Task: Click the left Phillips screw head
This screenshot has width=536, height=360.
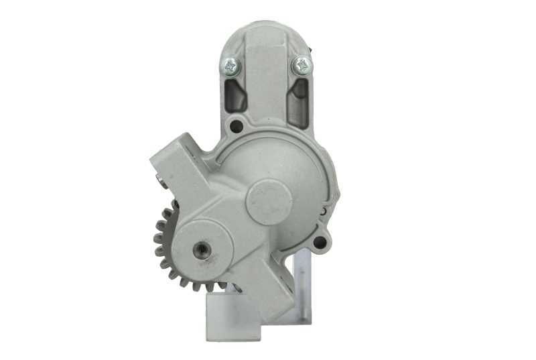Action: click(230, 66)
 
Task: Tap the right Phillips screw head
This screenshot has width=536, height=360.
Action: click(301, 65)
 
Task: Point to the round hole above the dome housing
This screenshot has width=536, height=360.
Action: click(236, 125)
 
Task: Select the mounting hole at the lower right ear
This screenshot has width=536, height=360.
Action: click(320, 243)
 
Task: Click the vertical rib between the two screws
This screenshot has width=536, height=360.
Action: click(266, 74)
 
